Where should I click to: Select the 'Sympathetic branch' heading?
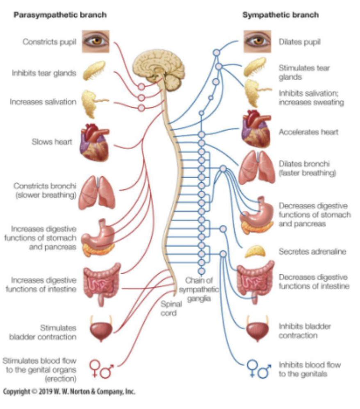280,15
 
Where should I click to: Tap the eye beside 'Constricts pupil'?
95,41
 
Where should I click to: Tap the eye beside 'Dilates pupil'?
257,41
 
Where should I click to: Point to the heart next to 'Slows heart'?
94,142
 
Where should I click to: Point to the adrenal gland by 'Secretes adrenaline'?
257,252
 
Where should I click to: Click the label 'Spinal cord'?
169,309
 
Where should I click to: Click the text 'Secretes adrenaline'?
312,252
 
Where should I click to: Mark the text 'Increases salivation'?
43,102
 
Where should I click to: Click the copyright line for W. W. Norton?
69,391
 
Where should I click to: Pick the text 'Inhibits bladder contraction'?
305,331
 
